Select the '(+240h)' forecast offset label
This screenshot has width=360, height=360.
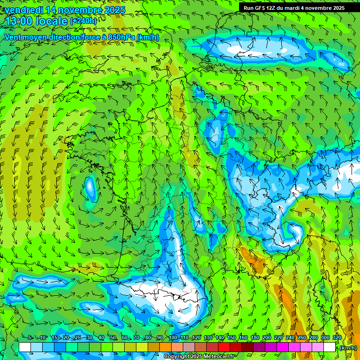pyautogui.click(x=83, y=21)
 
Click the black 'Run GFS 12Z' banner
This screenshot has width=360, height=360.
pyautogui.click(x=294, y=8)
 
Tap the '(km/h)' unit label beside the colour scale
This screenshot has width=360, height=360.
pyautogui.click(x=348, y=348)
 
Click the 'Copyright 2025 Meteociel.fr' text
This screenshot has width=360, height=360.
pyautogui.click(x=199, y=357)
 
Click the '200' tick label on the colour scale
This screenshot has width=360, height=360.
pyautogui.click(x=267, y=337)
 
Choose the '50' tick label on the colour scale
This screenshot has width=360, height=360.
pyautogui.click(x=113, y=337)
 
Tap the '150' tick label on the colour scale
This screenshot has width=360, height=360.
pyautogui.click(x=231, y=337)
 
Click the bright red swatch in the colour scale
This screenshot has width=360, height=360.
pyautogui.click(x=224, y=347)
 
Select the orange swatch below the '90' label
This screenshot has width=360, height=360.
pyautogui.click(x=165, y=347)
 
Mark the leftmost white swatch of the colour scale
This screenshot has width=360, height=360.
pyautogui.click(x=25, y=347)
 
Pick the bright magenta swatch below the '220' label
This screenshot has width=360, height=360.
pyautogui.click(x=283, y=347)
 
